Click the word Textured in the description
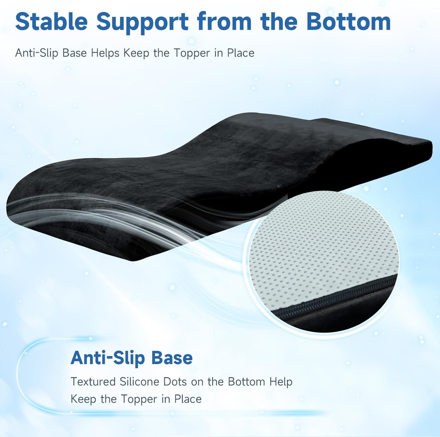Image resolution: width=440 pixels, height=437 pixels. pos(93,382)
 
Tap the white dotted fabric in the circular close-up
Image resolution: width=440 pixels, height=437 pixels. pos(317,249)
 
